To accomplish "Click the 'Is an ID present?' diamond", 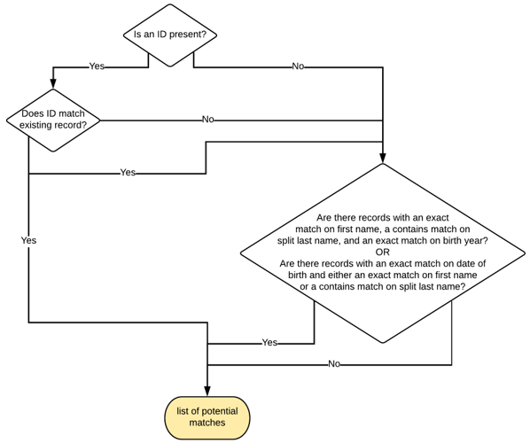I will (169, 35).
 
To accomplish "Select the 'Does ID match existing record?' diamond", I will (54, 120).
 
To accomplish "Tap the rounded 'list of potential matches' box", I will (207, 416).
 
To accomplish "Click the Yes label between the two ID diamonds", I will (97, 66).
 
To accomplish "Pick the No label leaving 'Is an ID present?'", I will (299, 66).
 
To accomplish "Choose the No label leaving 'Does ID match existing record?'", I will (207, 120).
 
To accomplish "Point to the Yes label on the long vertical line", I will (28, 240).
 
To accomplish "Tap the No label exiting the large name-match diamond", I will (334, 363).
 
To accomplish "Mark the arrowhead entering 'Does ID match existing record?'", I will (54, 85).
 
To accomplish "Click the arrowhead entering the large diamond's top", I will (383, 158).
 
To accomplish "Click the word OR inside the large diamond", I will (382, 252).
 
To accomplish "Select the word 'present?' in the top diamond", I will (189, 35).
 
